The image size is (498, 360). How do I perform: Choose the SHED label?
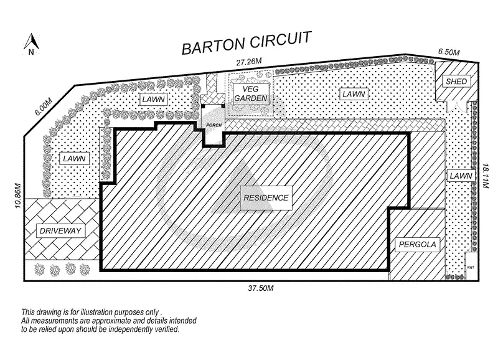tap(456, 82)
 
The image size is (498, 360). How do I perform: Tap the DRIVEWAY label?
tap(61, 231)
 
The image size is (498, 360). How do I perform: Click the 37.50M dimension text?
tap(260, 288)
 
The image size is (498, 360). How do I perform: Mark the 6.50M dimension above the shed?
tap(448, 52)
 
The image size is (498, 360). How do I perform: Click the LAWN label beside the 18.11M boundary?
tap(461, 176)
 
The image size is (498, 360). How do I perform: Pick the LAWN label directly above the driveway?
tap(73, 159)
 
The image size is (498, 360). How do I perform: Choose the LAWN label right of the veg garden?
tap(352, 94)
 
